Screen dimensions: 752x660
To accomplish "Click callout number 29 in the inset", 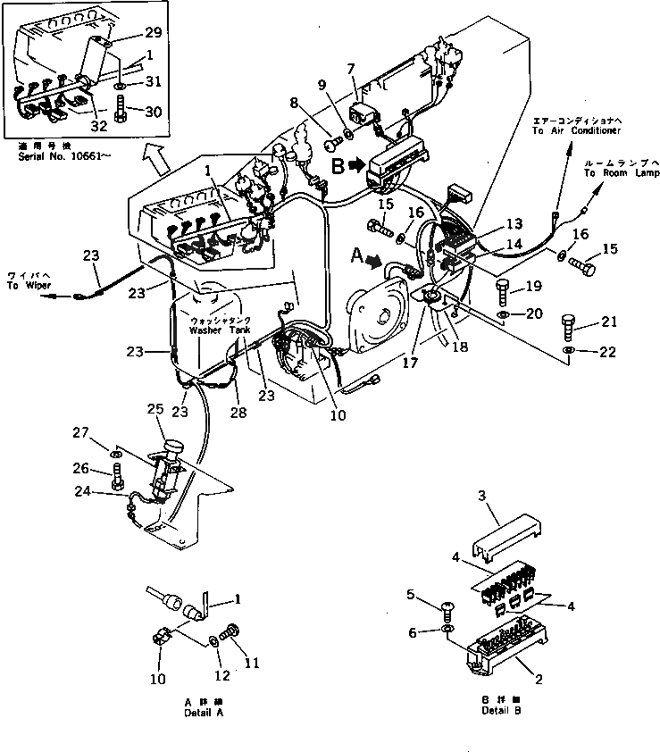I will pos(153,33).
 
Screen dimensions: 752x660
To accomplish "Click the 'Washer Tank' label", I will pos(220,330).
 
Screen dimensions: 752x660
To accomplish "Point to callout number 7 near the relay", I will pos(351,69).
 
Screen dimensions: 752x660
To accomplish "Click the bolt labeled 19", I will pos(502,290).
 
